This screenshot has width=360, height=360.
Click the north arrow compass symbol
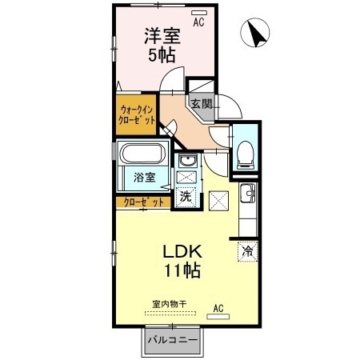[255, 33]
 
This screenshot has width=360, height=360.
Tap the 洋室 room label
[162, 36]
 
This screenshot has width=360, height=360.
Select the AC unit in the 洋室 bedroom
[199, 13]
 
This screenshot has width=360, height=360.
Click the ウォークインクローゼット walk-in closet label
[137, 115]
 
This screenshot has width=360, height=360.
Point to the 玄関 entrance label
[202, 104]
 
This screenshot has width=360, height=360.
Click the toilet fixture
[245, 155]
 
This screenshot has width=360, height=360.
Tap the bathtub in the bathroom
[142, 154]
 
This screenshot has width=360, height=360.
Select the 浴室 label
[144, 177]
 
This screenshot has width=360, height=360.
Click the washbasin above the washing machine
[188, 161]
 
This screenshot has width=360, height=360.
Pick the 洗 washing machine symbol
[186, 197]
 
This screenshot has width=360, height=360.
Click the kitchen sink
[247, 194]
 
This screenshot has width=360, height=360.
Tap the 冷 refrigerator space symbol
[248, 251]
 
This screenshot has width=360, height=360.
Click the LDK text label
[182, 251]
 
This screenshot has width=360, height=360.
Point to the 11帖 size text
[182, 270]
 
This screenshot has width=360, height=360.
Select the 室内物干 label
[170, 304]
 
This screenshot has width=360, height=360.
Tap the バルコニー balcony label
[173, 340]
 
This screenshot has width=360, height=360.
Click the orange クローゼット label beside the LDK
[144, 202]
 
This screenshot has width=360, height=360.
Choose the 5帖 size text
[162, 55]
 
